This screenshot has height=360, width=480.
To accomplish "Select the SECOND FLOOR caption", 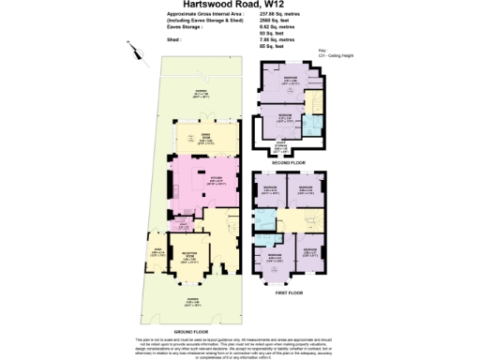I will pyautogui.click(x=289, y=162).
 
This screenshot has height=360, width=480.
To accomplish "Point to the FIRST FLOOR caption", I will pyautogui.click(x=289, y=292).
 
